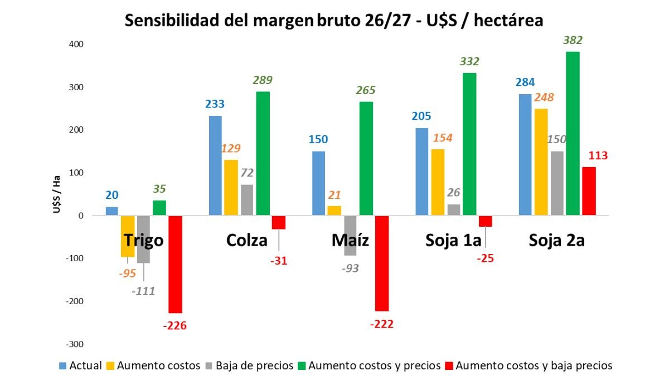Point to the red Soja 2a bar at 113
coord(589,191)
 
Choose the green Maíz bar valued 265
coord(366,158)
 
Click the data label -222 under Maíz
coord(381,324)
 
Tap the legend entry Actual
coord(86,365)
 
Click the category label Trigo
coord(144,240)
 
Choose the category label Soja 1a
coord(454,240)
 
